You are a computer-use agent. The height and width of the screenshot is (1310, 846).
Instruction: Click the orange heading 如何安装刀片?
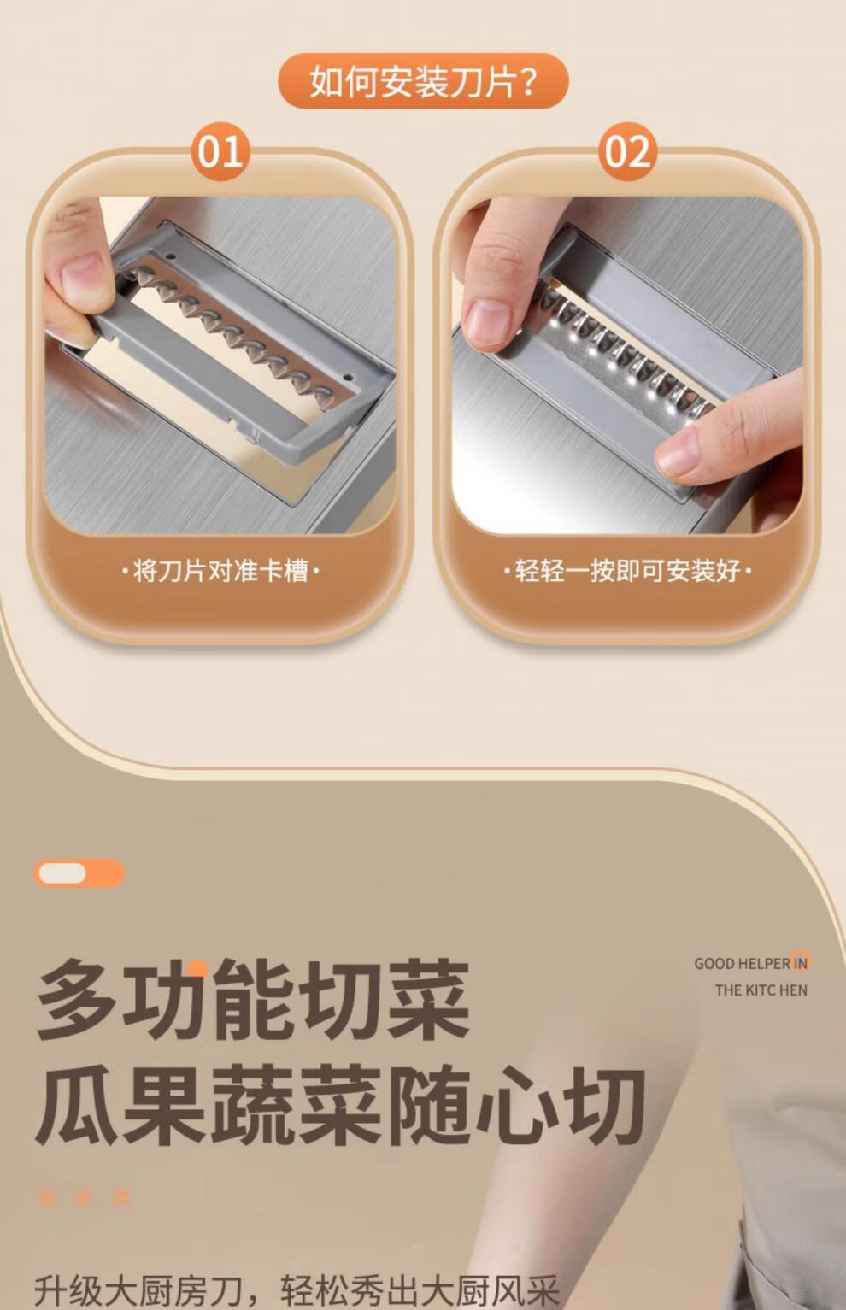(x=423, y=80)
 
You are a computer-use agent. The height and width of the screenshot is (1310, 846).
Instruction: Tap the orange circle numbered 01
(x=220, y=151)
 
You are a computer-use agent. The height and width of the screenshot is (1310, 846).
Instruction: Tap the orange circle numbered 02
(x=626, y=151)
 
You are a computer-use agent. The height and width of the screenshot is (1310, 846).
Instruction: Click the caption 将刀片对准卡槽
(x=220, y=570)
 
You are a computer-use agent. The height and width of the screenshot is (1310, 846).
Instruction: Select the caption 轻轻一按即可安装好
(x=627, y=570)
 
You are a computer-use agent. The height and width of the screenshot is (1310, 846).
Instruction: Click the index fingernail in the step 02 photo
(x=488, y=321)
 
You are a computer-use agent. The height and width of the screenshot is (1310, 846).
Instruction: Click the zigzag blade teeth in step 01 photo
(x=228, y=327)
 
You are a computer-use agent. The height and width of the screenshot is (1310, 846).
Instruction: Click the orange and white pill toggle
(x=79, y=873)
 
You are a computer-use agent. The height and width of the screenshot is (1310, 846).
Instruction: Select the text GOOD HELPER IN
(x=751, y=963)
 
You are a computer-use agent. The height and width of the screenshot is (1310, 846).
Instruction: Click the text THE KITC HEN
(x=761, y=990)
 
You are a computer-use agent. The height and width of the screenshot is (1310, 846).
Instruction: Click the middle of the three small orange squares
(x=85, y=1197)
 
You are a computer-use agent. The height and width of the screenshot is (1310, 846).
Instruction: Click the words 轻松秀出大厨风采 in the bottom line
(x=420, y=1289)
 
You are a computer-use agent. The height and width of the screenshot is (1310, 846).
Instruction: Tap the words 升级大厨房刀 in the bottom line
(x=138, y=1289)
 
